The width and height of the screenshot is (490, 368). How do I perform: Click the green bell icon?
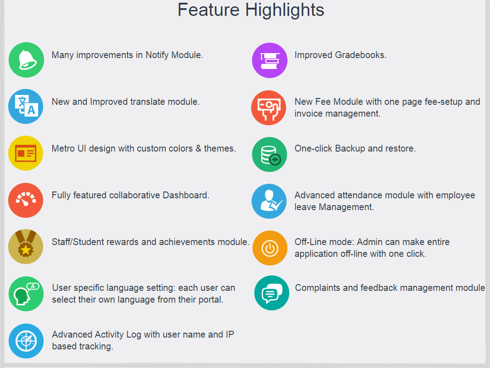click(x=26, y=60)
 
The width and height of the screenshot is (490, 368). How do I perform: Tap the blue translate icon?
click(x=25, y=107)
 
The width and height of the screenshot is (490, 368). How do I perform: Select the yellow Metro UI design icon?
click(x=25, y=153)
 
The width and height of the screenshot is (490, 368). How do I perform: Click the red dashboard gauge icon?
click(x=25, y=200)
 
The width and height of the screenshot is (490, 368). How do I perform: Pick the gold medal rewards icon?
click(x=25, y=247)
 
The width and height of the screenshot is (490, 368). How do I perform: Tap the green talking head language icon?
click(x=26, y=294)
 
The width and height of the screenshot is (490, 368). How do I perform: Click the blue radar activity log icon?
click(x=26, y=341)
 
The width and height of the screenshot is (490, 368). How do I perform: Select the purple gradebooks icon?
click(x=270, y=60)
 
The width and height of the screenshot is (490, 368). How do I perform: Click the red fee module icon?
click(x=269, y=108)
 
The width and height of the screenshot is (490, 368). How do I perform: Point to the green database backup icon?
click(x=269, y=154)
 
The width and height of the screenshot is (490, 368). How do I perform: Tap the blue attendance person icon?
click(x=269, y=201)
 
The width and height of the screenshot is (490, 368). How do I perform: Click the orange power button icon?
click(x=270, y=248)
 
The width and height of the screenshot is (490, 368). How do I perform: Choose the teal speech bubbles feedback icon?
click(x=272, y=293)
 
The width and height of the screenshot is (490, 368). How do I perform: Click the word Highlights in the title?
click(x=285, y=10)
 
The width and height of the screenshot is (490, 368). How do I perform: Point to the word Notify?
click(x=157, y=55)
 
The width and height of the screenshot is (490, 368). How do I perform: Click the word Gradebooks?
click(x=361, y=55)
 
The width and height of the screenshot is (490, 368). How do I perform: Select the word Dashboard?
click(x=186, y=196)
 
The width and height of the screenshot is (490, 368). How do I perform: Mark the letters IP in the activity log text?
click(x=230, y=334)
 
